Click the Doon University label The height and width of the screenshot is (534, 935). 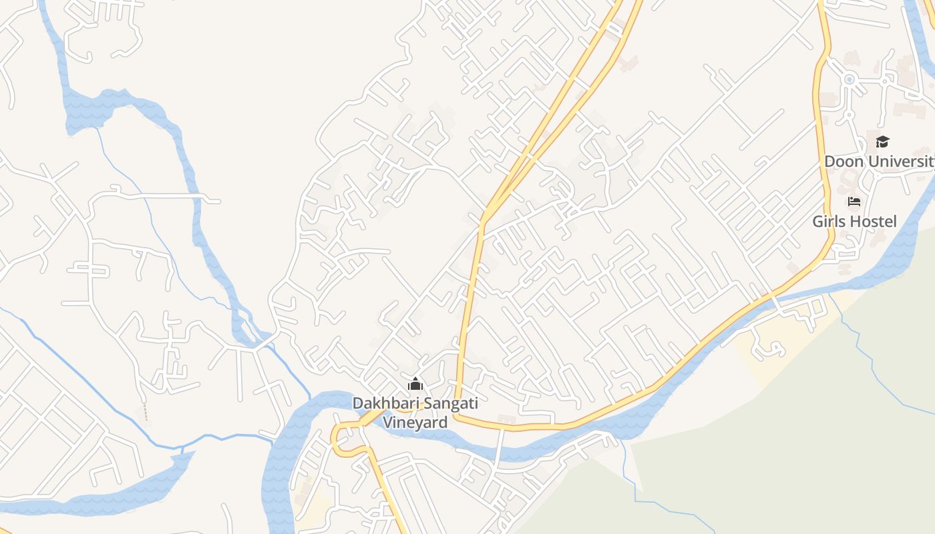point(879,162)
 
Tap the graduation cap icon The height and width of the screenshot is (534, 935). point(882,142)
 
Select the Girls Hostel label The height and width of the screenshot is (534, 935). point(854,221)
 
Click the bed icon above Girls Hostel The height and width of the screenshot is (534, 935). point(854,202)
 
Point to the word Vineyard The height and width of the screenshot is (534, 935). point(415,423)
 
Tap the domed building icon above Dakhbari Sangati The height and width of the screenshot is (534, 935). point(415,384)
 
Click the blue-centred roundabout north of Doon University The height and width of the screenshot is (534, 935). point(850,79)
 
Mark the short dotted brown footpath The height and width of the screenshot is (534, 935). point(145,413)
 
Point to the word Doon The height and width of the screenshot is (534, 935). point(844,162)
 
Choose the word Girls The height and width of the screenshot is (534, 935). point(828,221)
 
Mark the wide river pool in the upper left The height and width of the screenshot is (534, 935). point(107,110)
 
